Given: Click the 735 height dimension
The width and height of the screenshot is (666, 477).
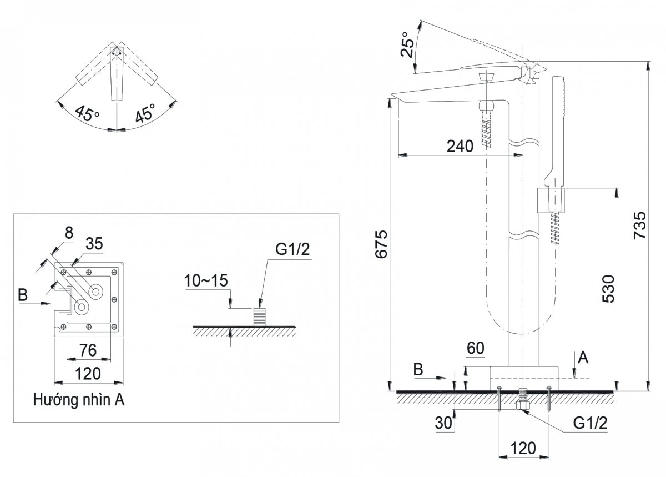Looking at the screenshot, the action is (x=640, y=225).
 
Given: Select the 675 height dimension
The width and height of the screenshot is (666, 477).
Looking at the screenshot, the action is (x=381, y=244).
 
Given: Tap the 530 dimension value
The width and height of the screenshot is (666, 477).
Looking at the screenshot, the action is (x=609, y=289).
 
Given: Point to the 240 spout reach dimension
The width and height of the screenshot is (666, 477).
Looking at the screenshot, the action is (x=460, y=147).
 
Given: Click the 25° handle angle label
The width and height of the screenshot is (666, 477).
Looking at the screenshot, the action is (x=407, y=44).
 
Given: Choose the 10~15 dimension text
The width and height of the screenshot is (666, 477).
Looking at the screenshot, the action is (x=206, y=280).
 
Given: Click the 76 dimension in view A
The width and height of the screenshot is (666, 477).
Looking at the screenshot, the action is (x=88, y=350).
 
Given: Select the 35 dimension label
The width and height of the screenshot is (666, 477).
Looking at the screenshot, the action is (x=94, y=243).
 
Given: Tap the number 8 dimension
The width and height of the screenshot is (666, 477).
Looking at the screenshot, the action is (x=69, y=233).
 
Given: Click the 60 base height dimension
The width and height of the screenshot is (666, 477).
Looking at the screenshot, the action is (x=476, y=348).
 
